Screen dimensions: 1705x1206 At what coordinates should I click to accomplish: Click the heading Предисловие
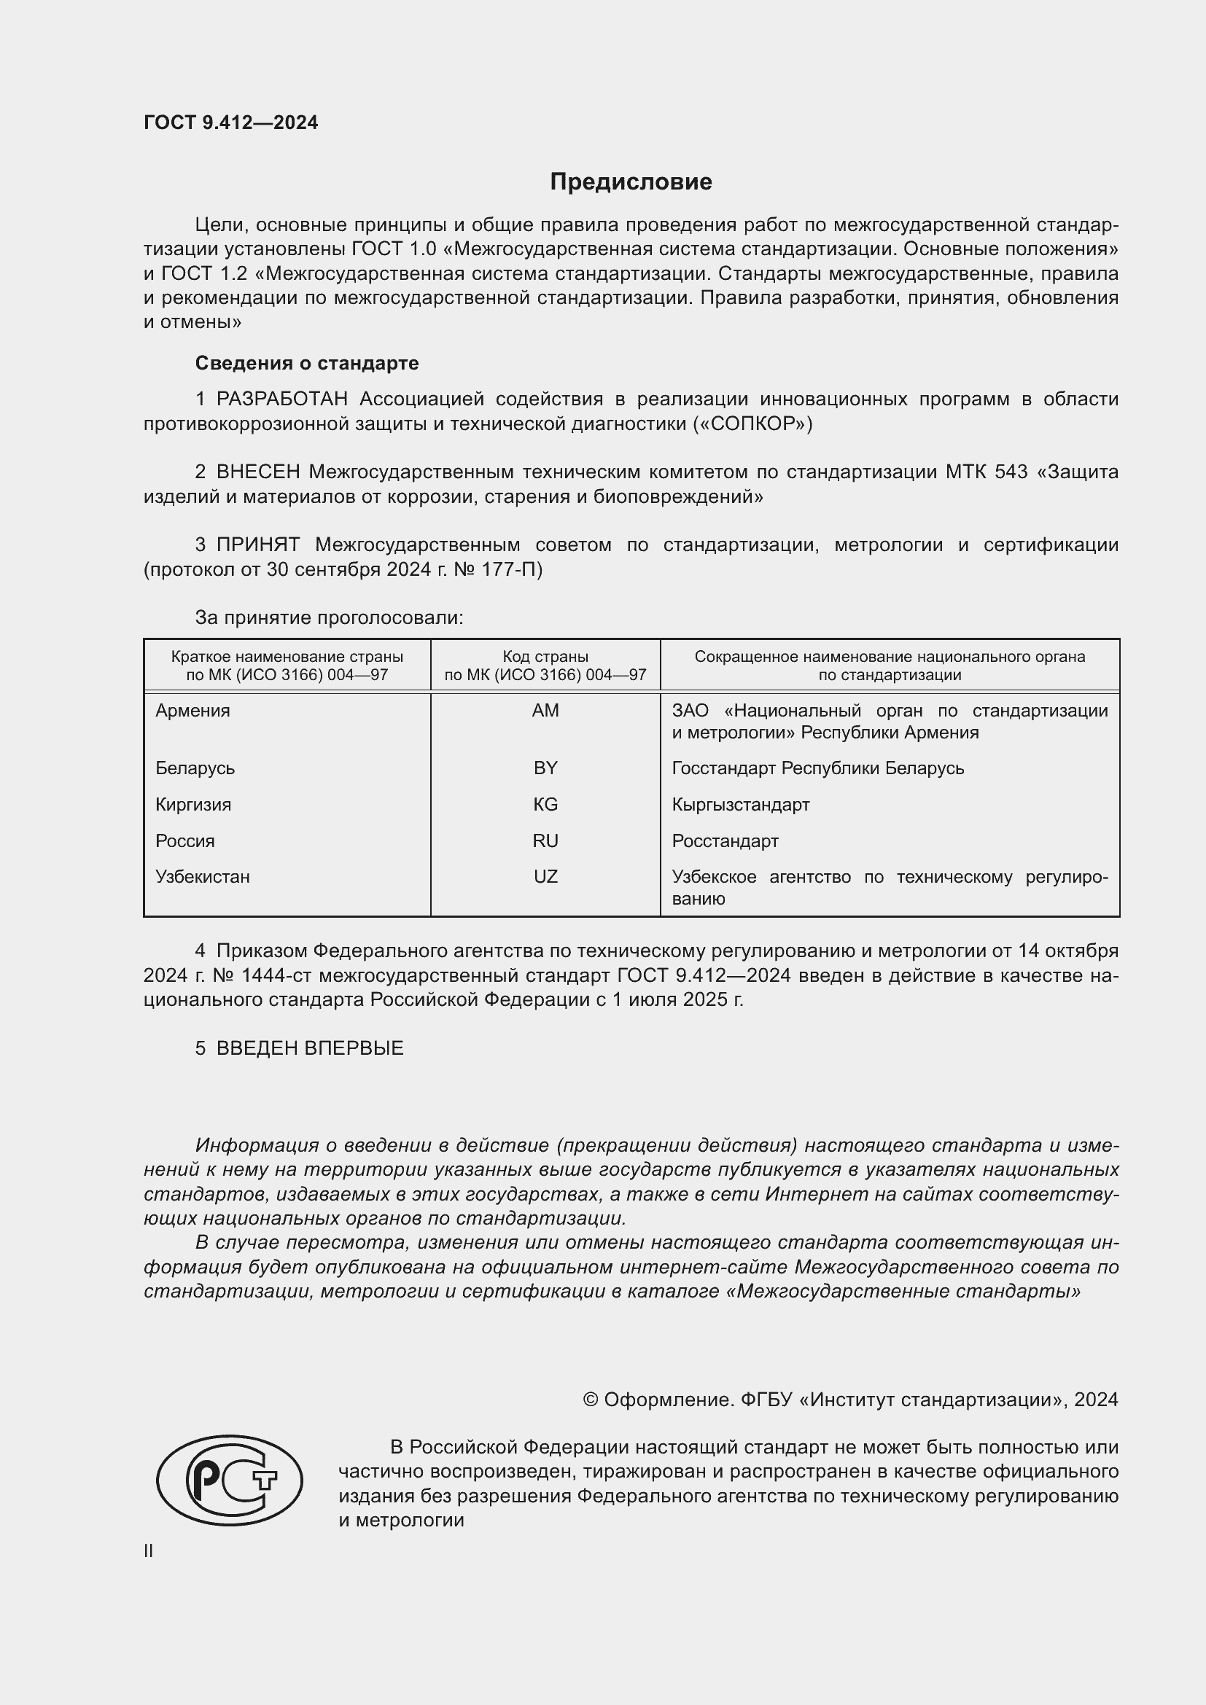[x=631, y=182]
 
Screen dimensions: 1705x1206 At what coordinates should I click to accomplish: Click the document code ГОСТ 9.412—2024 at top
[x=231, y=122]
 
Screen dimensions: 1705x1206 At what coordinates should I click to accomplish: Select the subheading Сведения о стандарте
[x=307, y=363]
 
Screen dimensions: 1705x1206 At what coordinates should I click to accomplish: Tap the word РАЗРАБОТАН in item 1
[x=281, y=399]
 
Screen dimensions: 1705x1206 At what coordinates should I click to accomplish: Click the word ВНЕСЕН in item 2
[x=257, y=472]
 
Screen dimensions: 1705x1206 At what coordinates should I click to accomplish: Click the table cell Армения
[x=193, y=711]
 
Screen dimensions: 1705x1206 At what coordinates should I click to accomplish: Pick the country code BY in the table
[x=545, y=768]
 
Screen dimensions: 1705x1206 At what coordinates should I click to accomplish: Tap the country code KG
[x=545, y=804]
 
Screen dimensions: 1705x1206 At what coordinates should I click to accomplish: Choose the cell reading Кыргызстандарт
[x=740, y=804]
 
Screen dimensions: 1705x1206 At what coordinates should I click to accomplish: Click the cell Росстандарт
[x=725, y=840]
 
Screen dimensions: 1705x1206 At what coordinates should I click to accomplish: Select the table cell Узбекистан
[x=203, y=876]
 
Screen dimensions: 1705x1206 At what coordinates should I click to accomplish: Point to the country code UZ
[x=545, y=876]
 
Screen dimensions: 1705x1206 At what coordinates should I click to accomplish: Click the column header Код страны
[x=545, y=657]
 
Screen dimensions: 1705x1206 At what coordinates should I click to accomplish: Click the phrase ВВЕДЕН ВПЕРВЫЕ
[x=310, y=1047]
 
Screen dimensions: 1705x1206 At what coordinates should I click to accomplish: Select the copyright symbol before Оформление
[x=591, y=1400]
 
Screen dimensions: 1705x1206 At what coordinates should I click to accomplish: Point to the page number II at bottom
[x=149, y=1550]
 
